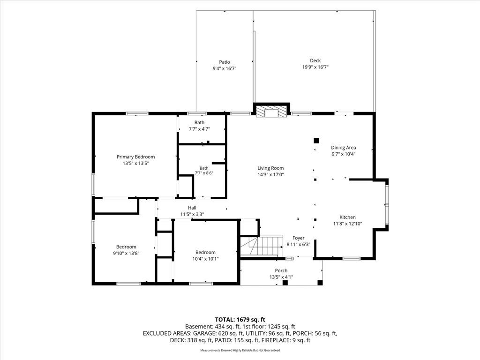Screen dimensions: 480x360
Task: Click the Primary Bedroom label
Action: pyautogui.click(x=135, y=157)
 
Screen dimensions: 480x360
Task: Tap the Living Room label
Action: pyautogui.click(x=270, y=168)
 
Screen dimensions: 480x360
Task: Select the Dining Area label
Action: pyautogui.click(x=344, y=148)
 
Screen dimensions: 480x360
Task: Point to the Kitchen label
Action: pyautogui.click(x=347, y=217)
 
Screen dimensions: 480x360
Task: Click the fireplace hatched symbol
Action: pyautogui.click(x=271, y=112)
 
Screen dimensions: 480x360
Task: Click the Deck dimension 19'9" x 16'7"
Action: pyautogui.click(x=315, y=67)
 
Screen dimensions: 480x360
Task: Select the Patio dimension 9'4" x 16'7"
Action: pyautogui.click(x=225, y=68)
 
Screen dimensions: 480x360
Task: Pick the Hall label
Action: pyautogui.click(x=192, y=208)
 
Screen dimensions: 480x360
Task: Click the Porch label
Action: pyautogui.click(x=281, y=270)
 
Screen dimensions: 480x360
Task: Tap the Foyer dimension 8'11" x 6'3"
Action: pyautogui.click(x=299, y=245)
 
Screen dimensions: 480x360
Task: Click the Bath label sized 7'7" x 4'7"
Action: pyautogui.click(x=199, y=122)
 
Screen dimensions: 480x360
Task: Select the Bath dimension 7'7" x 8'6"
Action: pyautogui.click(x=204, y=173)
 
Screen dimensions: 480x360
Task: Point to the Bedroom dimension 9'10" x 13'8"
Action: pyautogui.click(x=126, y=253)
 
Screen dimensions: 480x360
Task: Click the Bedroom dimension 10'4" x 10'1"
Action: pyautogui.click(x=205, y=259)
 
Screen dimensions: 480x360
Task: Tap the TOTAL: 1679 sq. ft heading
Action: pyautogui.click(x=240, y=320)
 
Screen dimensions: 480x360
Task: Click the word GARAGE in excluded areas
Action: pyautogui.click(x=206, y=333)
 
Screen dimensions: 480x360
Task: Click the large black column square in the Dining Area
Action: pyautogui.click(x=316, y=141)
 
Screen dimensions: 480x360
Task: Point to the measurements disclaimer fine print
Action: pyautogui.click(x=240, y=350)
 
